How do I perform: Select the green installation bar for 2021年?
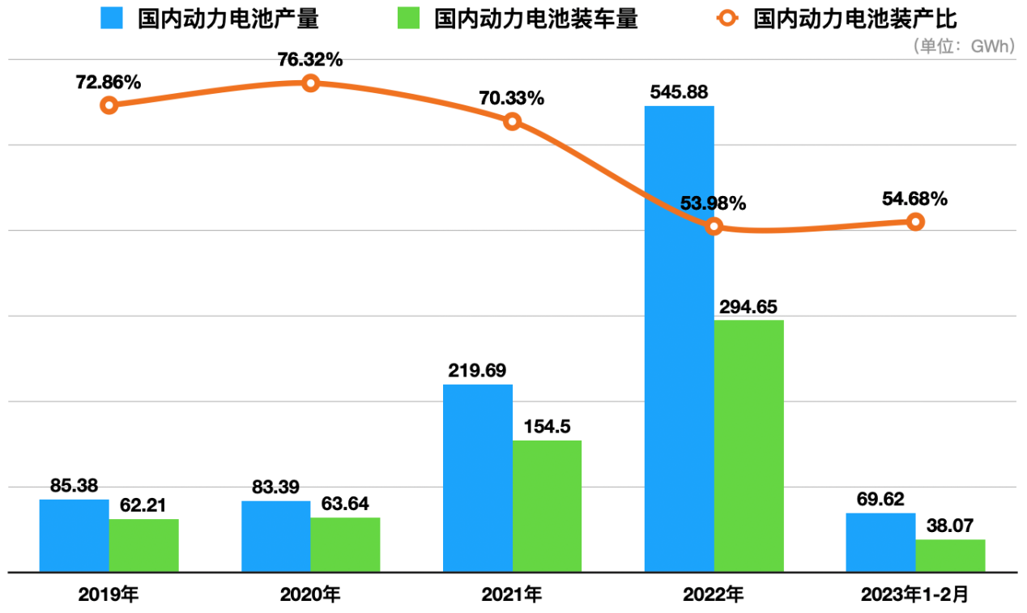tap(547, 506)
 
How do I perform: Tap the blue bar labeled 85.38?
tap(74, 535)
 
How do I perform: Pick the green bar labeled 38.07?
tap(950, 556)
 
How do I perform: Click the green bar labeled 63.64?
tap(345, 544)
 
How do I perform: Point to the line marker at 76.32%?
tap(310, 83)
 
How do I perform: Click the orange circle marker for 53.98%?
tap(714, 227)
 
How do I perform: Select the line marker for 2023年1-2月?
tap(915, 222)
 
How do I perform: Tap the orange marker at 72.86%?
tap(109, 105)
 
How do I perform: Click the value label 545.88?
tap(680, 92)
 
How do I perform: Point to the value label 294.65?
tap(749, 307)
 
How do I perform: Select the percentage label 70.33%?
tap(512, 99)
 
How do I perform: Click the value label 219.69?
tap(477, 371)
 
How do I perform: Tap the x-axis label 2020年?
tap(310, 595)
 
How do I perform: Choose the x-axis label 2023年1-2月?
tap(915, 595)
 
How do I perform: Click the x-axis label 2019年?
tap(109, 595)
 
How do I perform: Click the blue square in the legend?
tap(112, 19)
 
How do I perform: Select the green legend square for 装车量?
tap(408, 19)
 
